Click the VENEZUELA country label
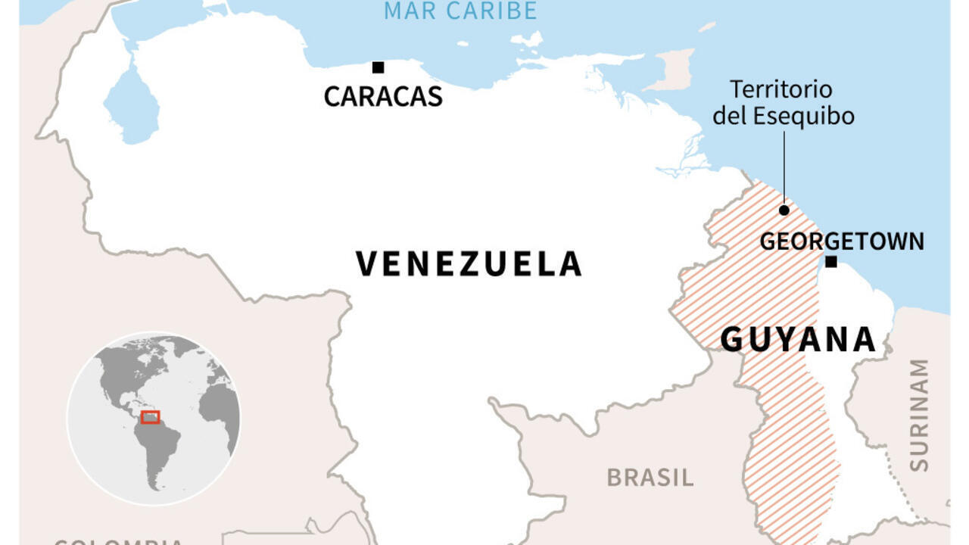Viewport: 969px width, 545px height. (x=469, y=264)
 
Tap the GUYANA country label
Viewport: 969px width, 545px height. (x=798, y=340)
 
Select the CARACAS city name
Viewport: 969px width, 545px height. (x=383, y=97)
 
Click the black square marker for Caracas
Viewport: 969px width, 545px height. (x=378, y=67)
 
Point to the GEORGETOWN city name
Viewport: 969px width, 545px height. (x=842, y=241)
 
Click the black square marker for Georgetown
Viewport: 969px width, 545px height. (x=830, y=262)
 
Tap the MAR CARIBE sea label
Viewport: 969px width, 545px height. (x=460, y=11)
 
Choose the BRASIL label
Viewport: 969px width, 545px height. (x=650, y=478)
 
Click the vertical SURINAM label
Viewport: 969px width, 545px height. (x=918, y=416)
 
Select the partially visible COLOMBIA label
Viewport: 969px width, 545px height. (x=118, y=540)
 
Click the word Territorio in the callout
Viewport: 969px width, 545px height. (x=781, y=90)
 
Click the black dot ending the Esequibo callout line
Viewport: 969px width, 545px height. (x=784, y=210)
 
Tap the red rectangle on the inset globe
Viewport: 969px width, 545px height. (x=151, y=417)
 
